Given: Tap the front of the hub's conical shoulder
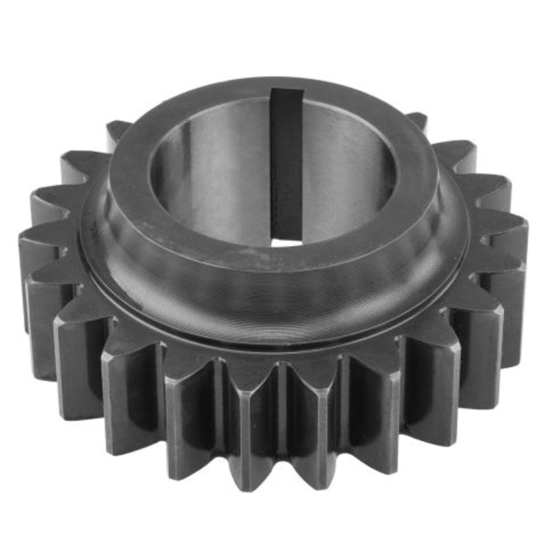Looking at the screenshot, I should pos(276,297).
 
